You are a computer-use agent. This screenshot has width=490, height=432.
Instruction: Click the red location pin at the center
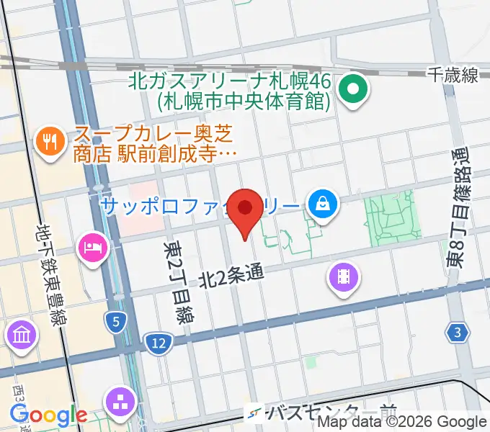pyautogui.click(x=246, y=210)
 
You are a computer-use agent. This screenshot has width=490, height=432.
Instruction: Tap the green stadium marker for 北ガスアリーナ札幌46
pyautogui.click(x=354, y=90)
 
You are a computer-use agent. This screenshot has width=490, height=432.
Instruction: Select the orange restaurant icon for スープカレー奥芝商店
pyautogui.click(x=50, y=140)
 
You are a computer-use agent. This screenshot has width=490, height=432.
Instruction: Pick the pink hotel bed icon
pyautogui.click(x=93, y=248)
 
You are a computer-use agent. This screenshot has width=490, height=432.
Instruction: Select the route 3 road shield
pyautogui.click(x=458, y=332)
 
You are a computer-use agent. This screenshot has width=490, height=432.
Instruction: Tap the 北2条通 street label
pyautogui.click(x=228, y=274)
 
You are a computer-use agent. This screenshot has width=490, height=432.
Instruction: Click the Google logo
pyautogui.click(x=48, y=415)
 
